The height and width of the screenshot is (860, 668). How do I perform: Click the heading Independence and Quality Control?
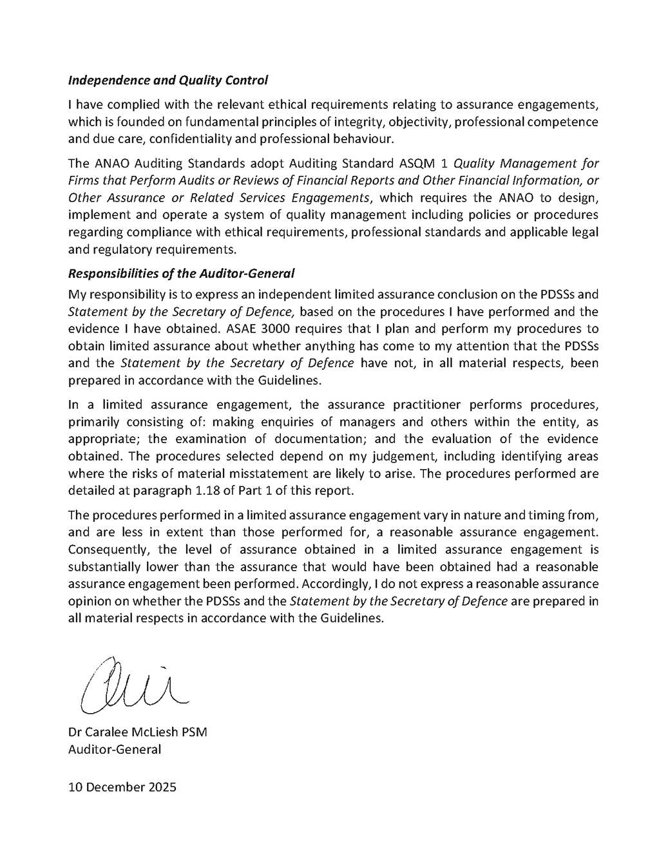tap(167, 81)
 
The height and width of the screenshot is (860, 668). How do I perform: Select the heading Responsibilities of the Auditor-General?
tap(181, 273)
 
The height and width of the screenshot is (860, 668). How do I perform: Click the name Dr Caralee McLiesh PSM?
tap(138, 732)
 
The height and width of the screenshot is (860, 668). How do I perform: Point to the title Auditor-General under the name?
tap(115, 749)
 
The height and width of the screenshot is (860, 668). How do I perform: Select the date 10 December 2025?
tap(122, 787)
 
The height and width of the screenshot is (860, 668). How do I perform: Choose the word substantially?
tap(108, 567)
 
